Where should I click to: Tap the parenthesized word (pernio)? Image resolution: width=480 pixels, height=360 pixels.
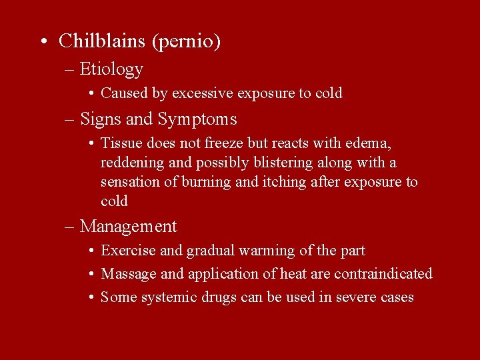pyautogui.click(x=186, y=42)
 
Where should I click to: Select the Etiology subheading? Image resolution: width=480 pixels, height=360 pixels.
pyautogui.click(x=111, y=69)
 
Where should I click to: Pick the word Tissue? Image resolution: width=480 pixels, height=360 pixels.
pyautogui.click(x=119, y=143)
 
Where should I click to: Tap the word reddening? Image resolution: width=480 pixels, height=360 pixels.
pyautogui.click(x=130, y=163)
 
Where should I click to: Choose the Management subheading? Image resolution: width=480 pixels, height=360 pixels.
pyautogui.click(x=129, y=227)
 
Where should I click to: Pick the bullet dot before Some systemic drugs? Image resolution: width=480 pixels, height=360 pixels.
pyautogui.click(x=90, y=297)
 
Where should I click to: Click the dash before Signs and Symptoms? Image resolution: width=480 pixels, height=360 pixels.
pyautogui.click(x=70, y=120)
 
